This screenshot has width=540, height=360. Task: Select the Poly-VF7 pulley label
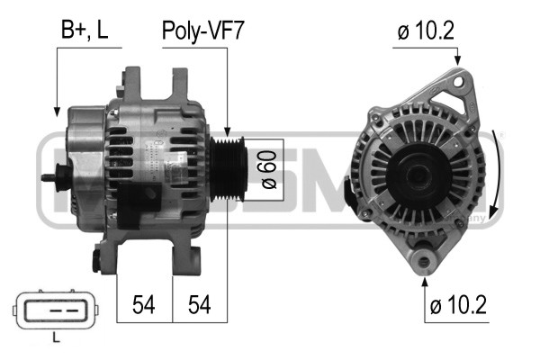tap(203, 30)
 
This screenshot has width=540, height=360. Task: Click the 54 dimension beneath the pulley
tap(200, 304)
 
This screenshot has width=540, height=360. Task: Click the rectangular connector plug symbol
tap(56, 309)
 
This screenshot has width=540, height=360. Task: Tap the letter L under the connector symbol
tap(56, 338)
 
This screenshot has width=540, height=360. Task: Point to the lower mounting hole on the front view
tap(424, 262)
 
